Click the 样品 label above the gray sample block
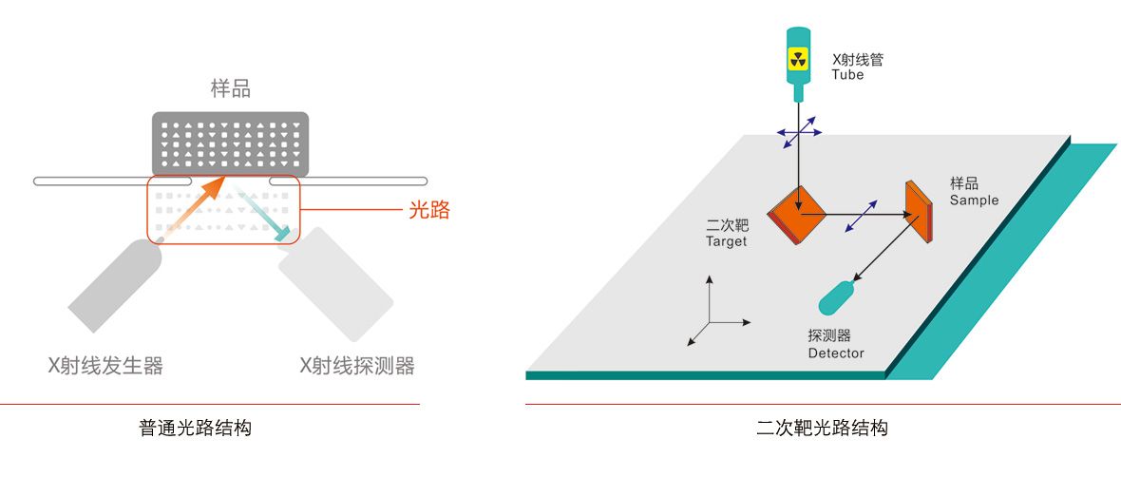(x=230, y=89)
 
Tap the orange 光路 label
(x=429, y=211)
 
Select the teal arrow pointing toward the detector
(x=265, y=215)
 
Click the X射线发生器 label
(x=105, y=366)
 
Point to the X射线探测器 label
(x=357, y=366)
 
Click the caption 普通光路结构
(x=196, y=428)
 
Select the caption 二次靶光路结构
(x=823, y=428)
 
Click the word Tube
(x=847, y=74)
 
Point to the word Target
(x=726, y=241)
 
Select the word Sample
(x=975, y=200)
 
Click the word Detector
(x=836, y=353)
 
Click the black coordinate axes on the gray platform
(x=711, y=315)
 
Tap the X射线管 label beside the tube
(x=858, y=59)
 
